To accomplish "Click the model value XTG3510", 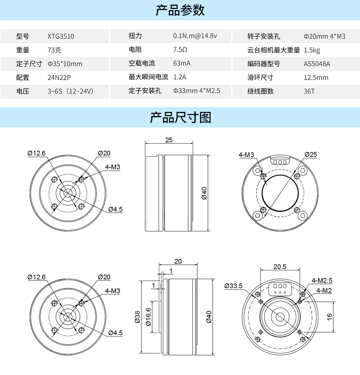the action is (61, 36).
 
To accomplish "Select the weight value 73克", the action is (55, 50).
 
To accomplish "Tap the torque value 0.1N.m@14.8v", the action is (195, 36).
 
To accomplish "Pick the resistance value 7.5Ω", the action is (180, 50).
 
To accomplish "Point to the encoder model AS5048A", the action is (317, 64).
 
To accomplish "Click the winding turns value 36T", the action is (309, 92).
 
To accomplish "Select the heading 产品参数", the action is (180, 10).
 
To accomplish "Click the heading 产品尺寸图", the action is (180, 117).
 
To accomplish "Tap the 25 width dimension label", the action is (169, 140).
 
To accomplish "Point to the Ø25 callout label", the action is (311, 155).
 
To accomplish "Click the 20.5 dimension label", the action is (280, 267).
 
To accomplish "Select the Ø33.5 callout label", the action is (233, 286).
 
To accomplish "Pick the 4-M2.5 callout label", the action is (322, 281).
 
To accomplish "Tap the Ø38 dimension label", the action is (138, 317).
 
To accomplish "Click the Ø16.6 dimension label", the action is (148, 317).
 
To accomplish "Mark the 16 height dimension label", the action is (330, 317).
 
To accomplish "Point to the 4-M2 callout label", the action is (324, 291).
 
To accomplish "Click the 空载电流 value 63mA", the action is (182, 64).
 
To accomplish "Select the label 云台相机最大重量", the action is (274, 50).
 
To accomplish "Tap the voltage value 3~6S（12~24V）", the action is (70, 92).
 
